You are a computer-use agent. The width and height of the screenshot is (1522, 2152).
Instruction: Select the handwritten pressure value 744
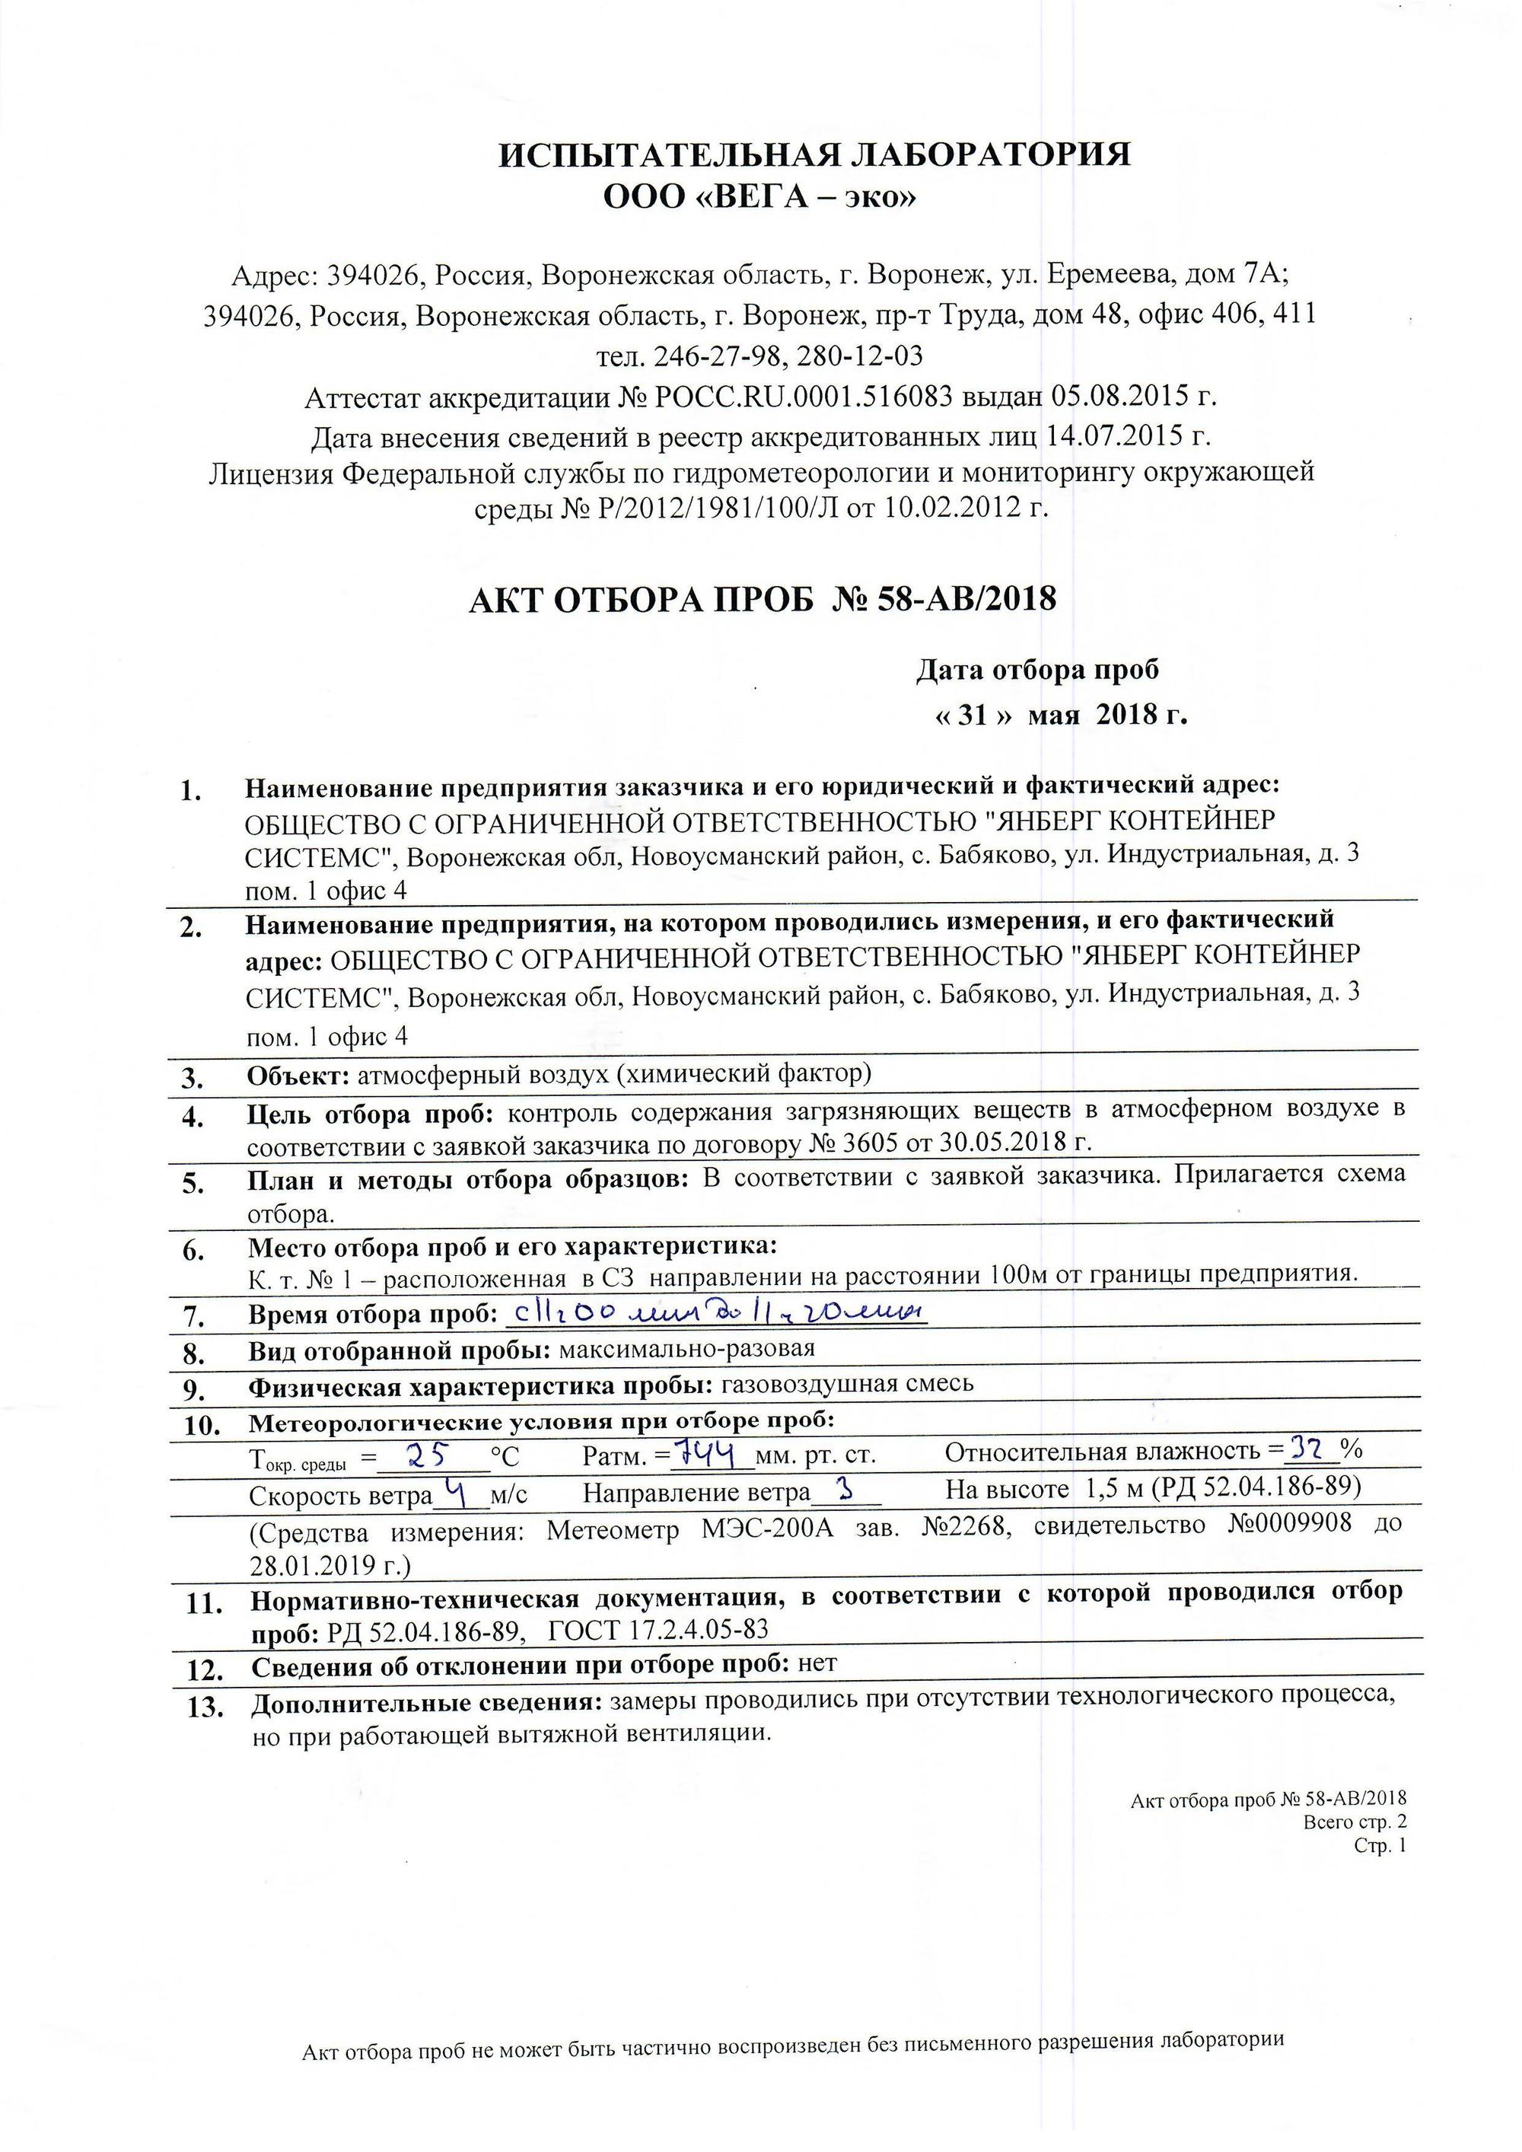click(x=715, y=1455)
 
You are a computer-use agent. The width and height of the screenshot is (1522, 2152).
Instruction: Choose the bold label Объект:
click(x=298, y=1075)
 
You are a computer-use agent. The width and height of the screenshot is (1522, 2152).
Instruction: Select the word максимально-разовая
click(x=686, y=1349)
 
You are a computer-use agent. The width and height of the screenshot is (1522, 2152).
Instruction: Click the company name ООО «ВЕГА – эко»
click(x=760, y=197)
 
